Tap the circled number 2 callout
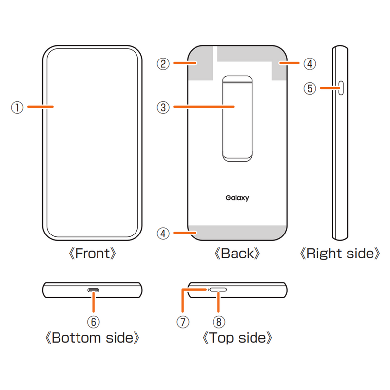click(163, 63)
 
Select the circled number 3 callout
click(163, 107)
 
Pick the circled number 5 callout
click(310, 88)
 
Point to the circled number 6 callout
click(93, 322)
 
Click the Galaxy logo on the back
click(237, 198)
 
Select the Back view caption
click(237, 254)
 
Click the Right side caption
click(340, 254)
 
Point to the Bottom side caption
click(93, 338)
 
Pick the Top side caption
click(237, 338)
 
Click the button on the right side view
click(342, 88)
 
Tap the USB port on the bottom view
click(93, 290)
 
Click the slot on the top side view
click(218, 289)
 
